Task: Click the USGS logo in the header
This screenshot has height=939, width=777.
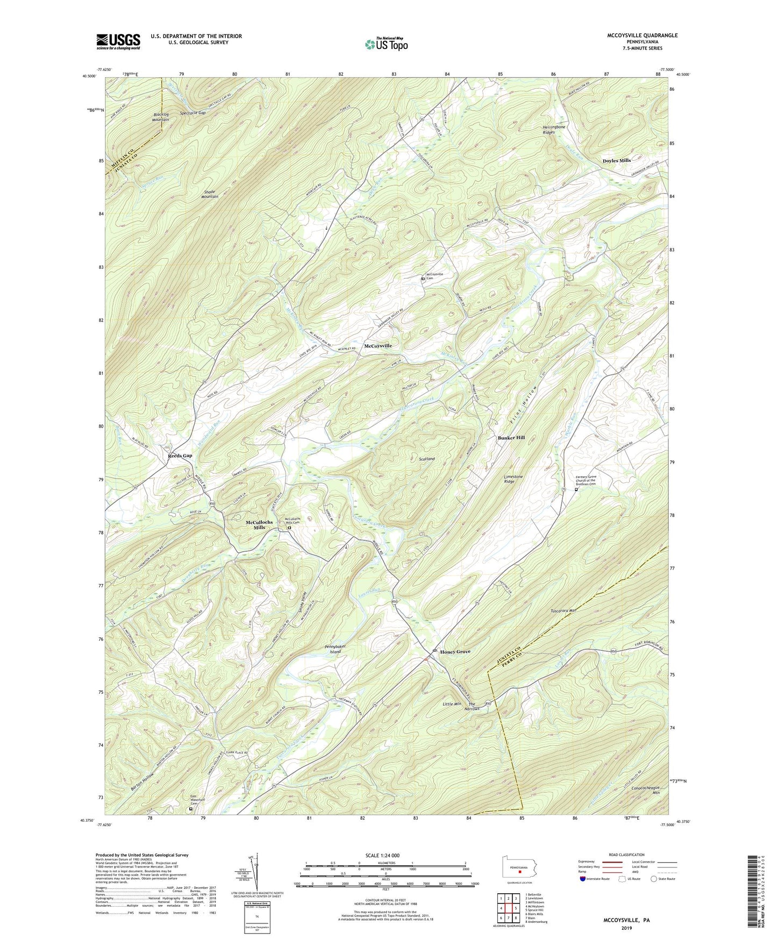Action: [118, 41]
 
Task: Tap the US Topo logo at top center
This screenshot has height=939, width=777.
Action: [385, 44]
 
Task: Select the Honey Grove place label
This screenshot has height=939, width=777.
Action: [455, 651]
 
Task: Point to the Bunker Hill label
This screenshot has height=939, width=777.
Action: [510, 438]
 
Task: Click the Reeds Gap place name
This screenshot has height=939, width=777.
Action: [180, 456]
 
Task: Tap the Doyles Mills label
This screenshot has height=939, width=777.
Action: [616, 161]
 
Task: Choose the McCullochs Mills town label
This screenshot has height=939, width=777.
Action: [259, 525]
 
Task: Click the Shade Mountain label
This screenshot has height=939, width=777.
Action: [210, 194]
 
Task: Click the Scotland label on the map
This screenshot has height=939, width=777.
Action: [426, 459]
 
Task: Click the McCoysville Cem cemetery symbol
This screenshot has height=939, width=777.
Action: [423, 279]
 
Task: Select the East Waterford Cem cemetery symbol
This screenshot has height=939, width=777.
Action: [190, 808]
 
